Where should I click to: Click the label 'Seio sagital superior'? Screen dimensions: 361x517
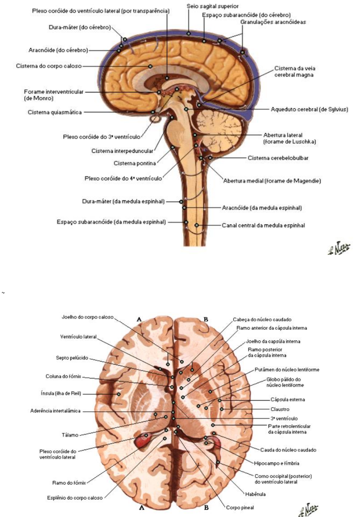[x=212, y=6]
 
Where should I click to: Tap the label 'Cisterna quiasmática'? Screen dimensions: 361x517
[x=55, y=112]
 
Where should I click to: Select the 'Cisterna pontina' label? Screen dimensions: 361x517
[x=135, y=163]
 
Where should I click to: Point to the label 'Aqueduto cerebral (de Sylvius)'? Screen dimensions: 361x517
[x=309, y=109]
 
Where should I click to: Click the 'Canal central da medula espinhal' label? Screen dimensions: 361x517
[x=263, y=226]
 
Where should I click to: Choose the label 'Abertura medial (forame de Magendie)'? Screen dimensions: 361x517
[x=272, y=181]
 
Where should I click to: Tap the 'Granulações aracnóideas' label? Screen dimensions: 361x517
[x=273, y=22]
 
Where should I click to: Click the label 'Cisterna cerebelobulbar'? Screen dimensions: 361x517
[x=278, y=158]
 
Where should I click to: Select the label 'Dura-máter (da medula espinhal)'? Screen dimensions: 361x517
[x=123, y=202]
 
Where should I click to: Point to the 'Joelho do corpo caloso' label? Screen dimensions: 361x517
[x=88, y=317]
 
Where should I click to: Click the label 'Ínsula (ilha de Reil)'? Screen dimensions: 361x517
[x=61, y=394]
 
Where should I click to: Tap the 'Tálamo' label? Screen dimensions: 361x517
[x=70, y=435]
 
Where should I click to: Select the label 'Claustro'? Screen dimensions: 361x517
[x=280, y=409]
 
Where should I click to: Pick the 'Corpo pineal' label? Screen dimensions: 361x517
[x=240, y=508]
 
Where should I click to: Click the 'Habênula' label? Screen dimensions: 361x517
[x=255, y=494]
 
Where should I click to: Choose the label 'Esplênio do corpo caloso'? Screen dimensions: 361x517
[x=75, y=498]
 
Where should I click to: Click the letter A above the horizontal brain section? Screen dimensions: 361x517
[x=139, y=319]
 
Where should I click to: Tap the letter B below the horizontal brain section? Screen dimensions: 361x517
[x=206, y=508]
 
